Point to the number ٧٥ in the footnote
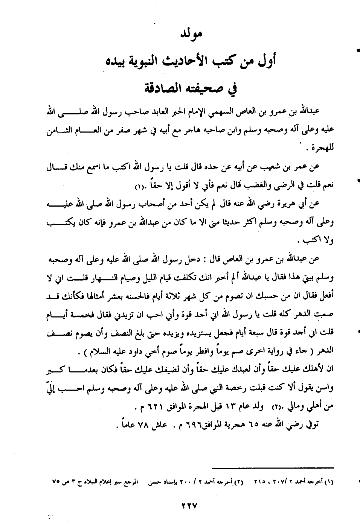pos(56,482)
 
